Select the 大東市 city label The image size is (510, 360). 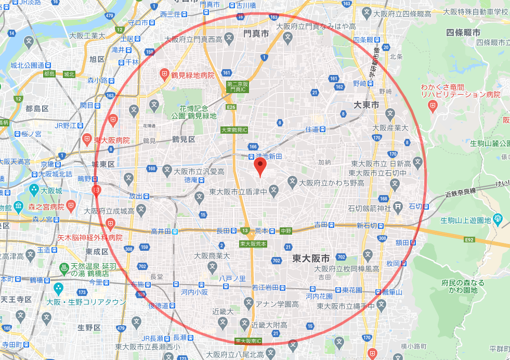pos(367,105)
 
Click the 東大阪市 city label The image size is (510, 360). pos(311,258)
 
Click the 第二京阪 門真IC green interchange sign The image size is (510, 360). pos(239,87)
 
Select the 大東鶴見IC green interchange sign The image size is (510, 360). pos(234,130)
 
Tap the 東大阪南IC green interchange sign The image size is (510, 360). pos(249,341)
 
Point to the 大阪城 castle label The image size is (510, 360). pos(52,190)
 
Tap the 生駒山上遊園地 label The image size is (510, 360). pos(466,221)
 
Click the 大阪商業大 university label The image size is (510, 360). pos(212,255)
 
